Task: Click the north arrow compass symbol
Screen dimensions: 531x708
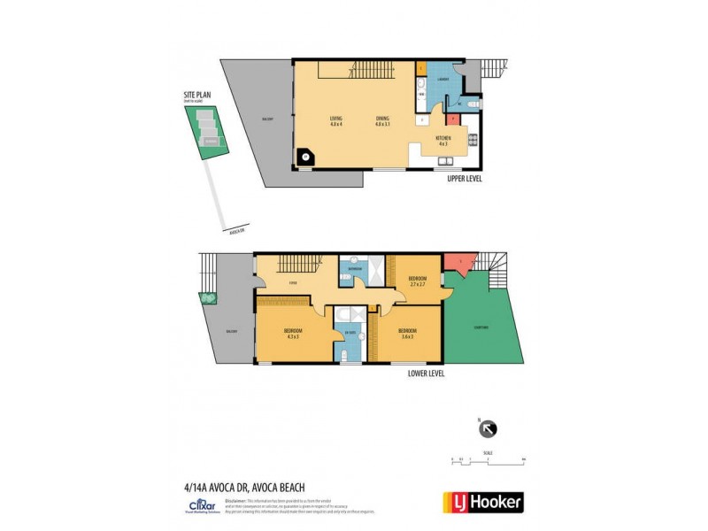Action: click(487, 428)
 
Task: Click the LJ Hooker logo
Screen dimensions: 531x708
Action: click(482, 502)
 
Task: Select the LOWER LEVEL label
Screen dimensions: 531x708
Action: click(427, 373)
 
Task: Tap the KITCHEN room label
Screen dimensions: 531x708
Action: click(443, 139)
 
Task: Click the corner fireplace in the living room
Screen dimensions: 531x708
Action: click(306, 157)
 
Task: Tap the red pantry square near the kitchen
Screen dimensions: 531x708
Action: click(452, 118)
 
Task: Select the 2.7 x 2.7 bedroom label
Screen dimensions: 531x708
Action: click(417, 281)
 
